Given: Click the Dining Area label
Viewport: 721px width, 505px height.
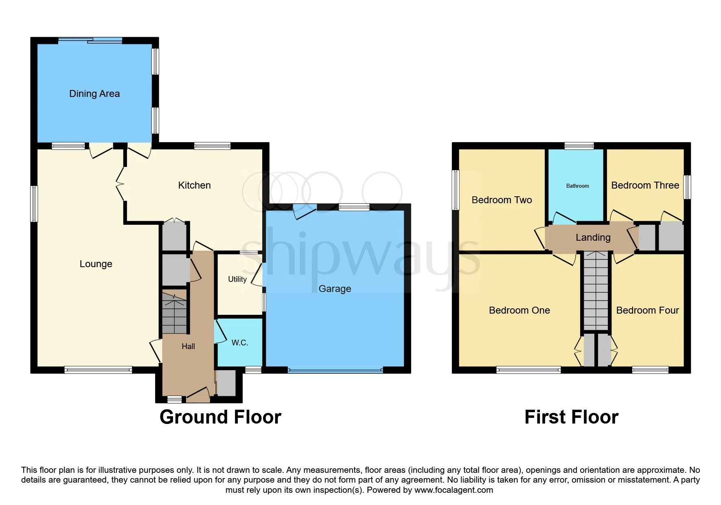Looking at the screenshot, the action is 94,94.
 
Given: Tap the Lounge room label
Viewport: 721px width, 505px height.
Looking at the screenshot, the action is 96,264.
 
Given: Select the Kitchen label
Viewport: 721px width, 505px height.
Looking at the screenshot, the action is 195,185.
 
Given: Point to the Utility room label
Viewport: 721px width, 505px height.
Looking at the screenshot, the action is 237,279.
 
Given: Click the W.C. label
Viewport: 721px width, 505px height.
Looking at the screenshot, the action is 240,343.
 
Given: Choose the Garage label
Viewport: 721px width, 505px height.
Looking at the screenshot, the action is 335,289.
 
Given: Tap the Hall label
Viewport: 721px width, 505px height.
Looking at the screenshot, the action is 188,346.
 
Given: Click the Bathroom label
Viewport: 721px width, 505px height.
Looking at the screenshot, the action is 577,186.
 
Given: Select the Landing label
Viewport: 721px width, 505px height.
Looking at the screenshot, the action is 593,237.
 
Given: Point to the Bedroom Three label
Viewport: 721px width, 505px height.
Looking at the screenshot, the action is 645,185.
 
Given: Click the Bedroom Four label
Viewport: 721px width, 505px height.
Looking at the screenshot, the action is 647,310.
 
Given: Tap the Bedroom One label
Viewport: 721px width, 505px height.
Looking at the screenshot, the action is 519,310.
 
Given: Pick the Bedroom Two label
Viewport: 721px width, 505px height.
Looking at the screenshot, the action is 502,200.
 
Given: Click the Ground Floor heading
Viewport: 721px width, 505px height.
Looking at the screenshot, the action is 220,417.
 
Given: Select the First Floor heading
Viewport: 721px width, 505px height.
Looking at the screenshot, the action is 572,417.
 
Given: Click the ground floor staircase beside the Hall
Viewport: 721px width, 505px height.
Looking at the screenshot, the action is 175,313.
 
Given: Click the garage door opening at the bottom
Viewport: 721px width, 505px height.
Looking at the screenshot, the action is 335,370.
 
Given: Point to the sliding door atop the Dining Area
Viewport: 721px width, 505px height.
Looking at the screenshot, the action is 90,40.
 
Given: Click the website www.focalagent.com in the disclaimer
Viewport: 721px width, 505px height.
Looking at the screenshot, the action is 454,490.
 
